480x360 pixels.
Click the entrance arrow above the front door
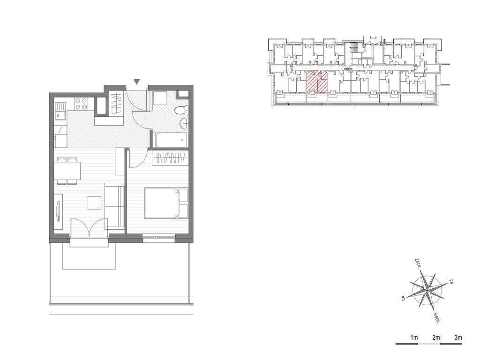[x=137, y=82]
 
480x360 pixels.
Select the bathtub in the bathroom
[x=171, y=140]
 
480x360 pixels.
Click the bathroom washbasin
[x=184, y=123]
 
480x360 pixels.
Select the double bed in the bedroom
[x=166, y=203]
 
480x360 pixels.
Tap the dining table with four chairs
[x=67, y=171]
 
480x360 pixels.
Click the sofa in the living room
[x=114, y=206]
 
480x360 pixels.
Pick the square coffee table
[x=95, y=203]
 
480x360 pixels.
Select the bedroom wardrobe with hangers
[x=170, y=158]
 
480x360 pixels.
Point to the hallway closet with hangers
[x=116, y=104]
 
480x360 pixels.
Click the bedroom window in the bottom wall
[x=159, y=237]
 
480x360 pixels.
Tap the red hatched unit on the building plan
[x=317, y=82]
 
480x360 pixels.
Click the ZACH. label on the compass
[x=417, y=263]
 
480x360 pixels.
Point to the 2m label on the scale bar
[x=436, y=337]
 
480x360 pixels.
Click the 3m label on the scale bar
[x=458, y=337]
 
